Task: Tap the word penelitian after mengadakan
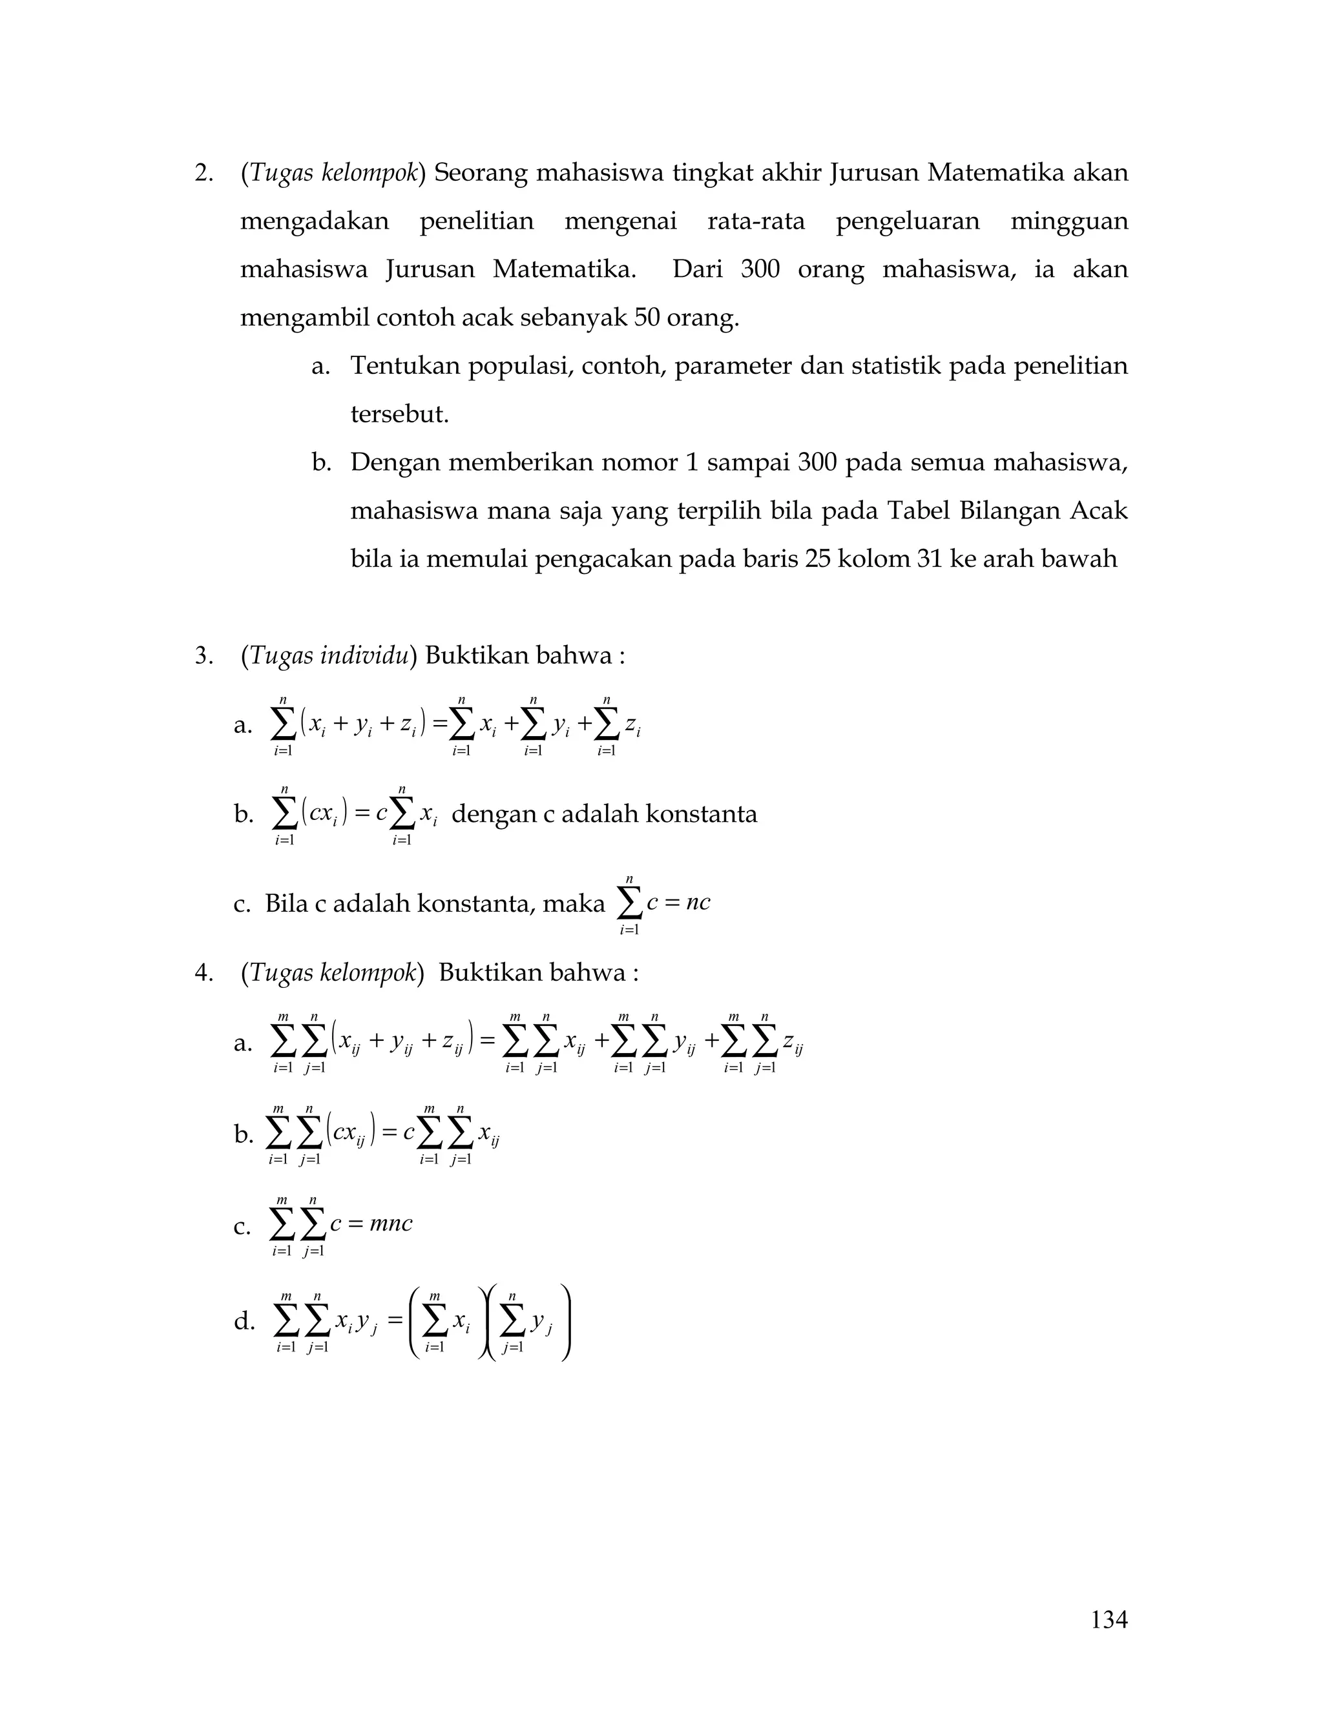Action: pyautogui.click(x=477, y=221)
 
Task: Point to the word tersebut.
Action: pyautogui.click(x=399, y=415)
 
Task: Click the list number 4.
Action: pyautogui.click(x=203, y=973)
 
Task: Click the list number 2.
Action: pyautogui.click(x=203, y=172)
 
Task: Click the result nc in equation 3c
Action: pyautogui.click(x=698, y=903)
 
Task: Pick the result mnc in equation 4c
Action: pyautogui.click(x=390, y=1224)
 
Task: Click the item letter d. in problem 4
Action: pyautogui.click(x=244, y=1323)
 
